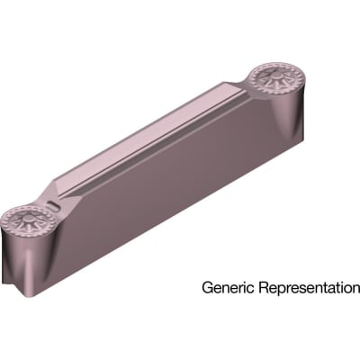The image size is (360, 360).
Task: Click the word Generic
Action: coord(228,289)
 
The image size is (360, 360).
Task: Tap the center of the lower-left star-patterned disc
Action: coord(24,221)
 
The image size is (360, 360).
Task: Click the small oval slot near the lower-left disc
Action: coord(56,210)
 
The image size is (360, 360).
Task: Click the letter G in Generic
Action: coord(207,289)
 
